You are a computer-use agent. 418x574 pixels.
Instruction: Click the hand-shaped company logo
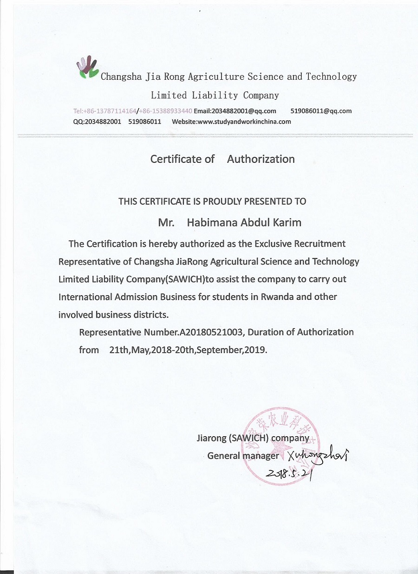pyautogui.click(x=87, y=68)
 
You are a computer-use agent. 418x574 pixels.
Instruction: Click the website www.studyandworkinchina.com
pyautogui.click(x=244, y=122)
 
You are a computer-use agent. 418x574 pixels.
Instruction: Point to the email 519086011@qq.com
pyautogui.click(x=321, y=111)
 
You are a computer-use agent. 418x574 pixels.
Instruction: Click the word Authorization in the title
pyautogui.click(x=261, y=159)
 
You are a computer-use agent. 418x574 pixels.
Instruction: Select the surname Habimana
pyautogui.click(x=212, y=222)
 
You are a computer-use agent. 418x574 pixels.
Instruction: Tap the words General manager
pyautogui.click(x=243, y=456)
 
